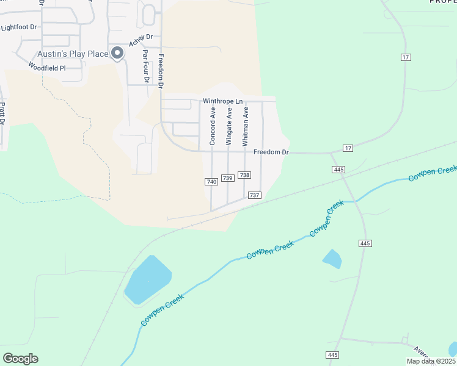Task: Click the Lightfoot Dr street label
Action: pyautogui.click(x=19, y=27)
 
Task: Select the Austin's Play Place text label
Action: pyautogui.click(x=73, y=54)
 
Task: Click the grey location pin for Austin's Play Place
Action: pyautogui.click(x=117, y=53)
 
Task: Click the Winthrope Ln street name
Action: pyautogui.click(x=222, y=101)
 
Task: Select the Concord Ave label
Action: pyautogui.click(x=213, y=126)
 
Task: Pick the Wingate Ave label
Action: pyautogui.click(x=229, y=126)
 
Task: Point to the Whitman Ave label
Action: pyautogui.click(x=246, y=126)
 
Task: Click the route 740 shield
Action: pyautogui.click(x=211, y=182)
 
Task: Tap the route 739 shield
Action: pyautogui.click(x=227, y=178)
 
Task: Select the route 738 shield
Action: pyautogui.click(x=244, y=175)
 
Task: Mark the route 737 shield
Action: pyautogui.click(x=254, y=195)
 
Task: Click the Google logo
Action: pyautogui.click(x=20, y=359)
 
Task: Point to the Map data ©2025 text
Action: pyautogui.click(x=431, y=361)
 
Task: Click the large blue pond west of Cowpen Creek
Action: pyautogui.click(x=147, y=279)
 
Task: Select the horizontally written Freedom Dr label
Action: pyautogui.click(x=271, y=152)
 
